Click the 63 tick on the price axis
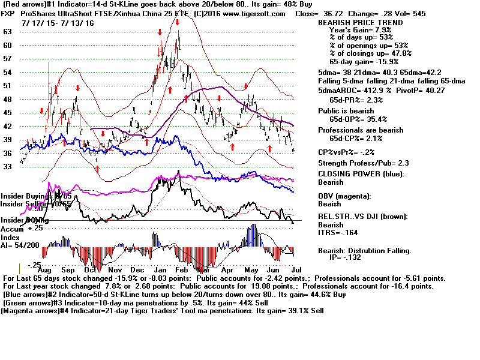[x=7, y=31]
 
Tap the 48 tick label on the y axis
[x=7, y=99]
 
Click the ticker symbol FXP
[x=10, y=13]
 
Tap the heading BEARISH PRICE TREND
[x=359, y=23]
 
